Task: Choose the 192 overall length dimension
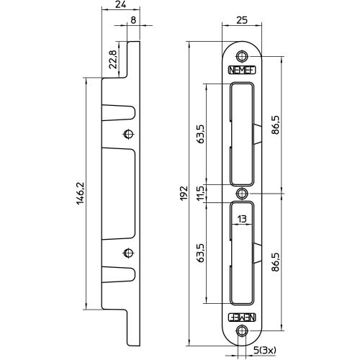(184, 192)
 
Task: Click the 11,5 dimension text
(200, 192)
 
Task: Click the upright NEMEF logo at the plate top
(243, 71)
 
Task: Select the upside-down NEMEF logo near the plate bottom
(243, 315)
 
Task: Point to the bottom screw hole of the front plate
(243, 331)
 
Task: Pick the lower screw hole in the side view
(128, 252)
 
